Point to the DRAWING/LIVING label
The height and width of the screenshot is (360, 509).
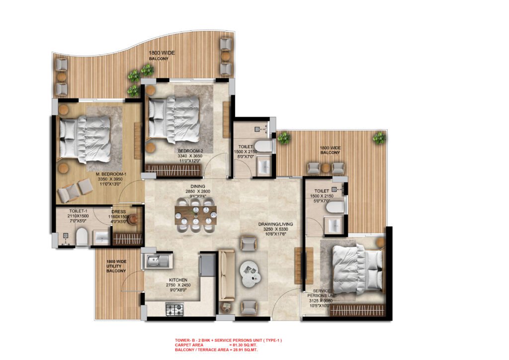pyautogui.click(x=275, y=224)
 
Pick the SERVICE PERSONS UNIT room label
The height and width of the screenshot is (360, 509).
pyautogui.click(x=326, y=295)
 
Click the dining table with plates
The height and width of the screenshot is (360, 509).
pyautogui.click(x=196, y=216)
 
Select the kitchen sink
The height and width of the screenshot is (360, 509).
pyautogui.click(x=157, y=260)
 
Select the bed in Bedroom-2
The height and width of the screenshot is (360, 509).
pyautogui.click(x=174, y=117)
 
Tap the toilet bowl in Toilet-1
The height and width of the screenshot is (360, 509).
pyautogui.click(x=83, y=238)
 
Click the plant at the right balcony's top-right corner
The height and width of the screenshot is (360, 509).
pyautogui.click(x=379, y=138)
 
